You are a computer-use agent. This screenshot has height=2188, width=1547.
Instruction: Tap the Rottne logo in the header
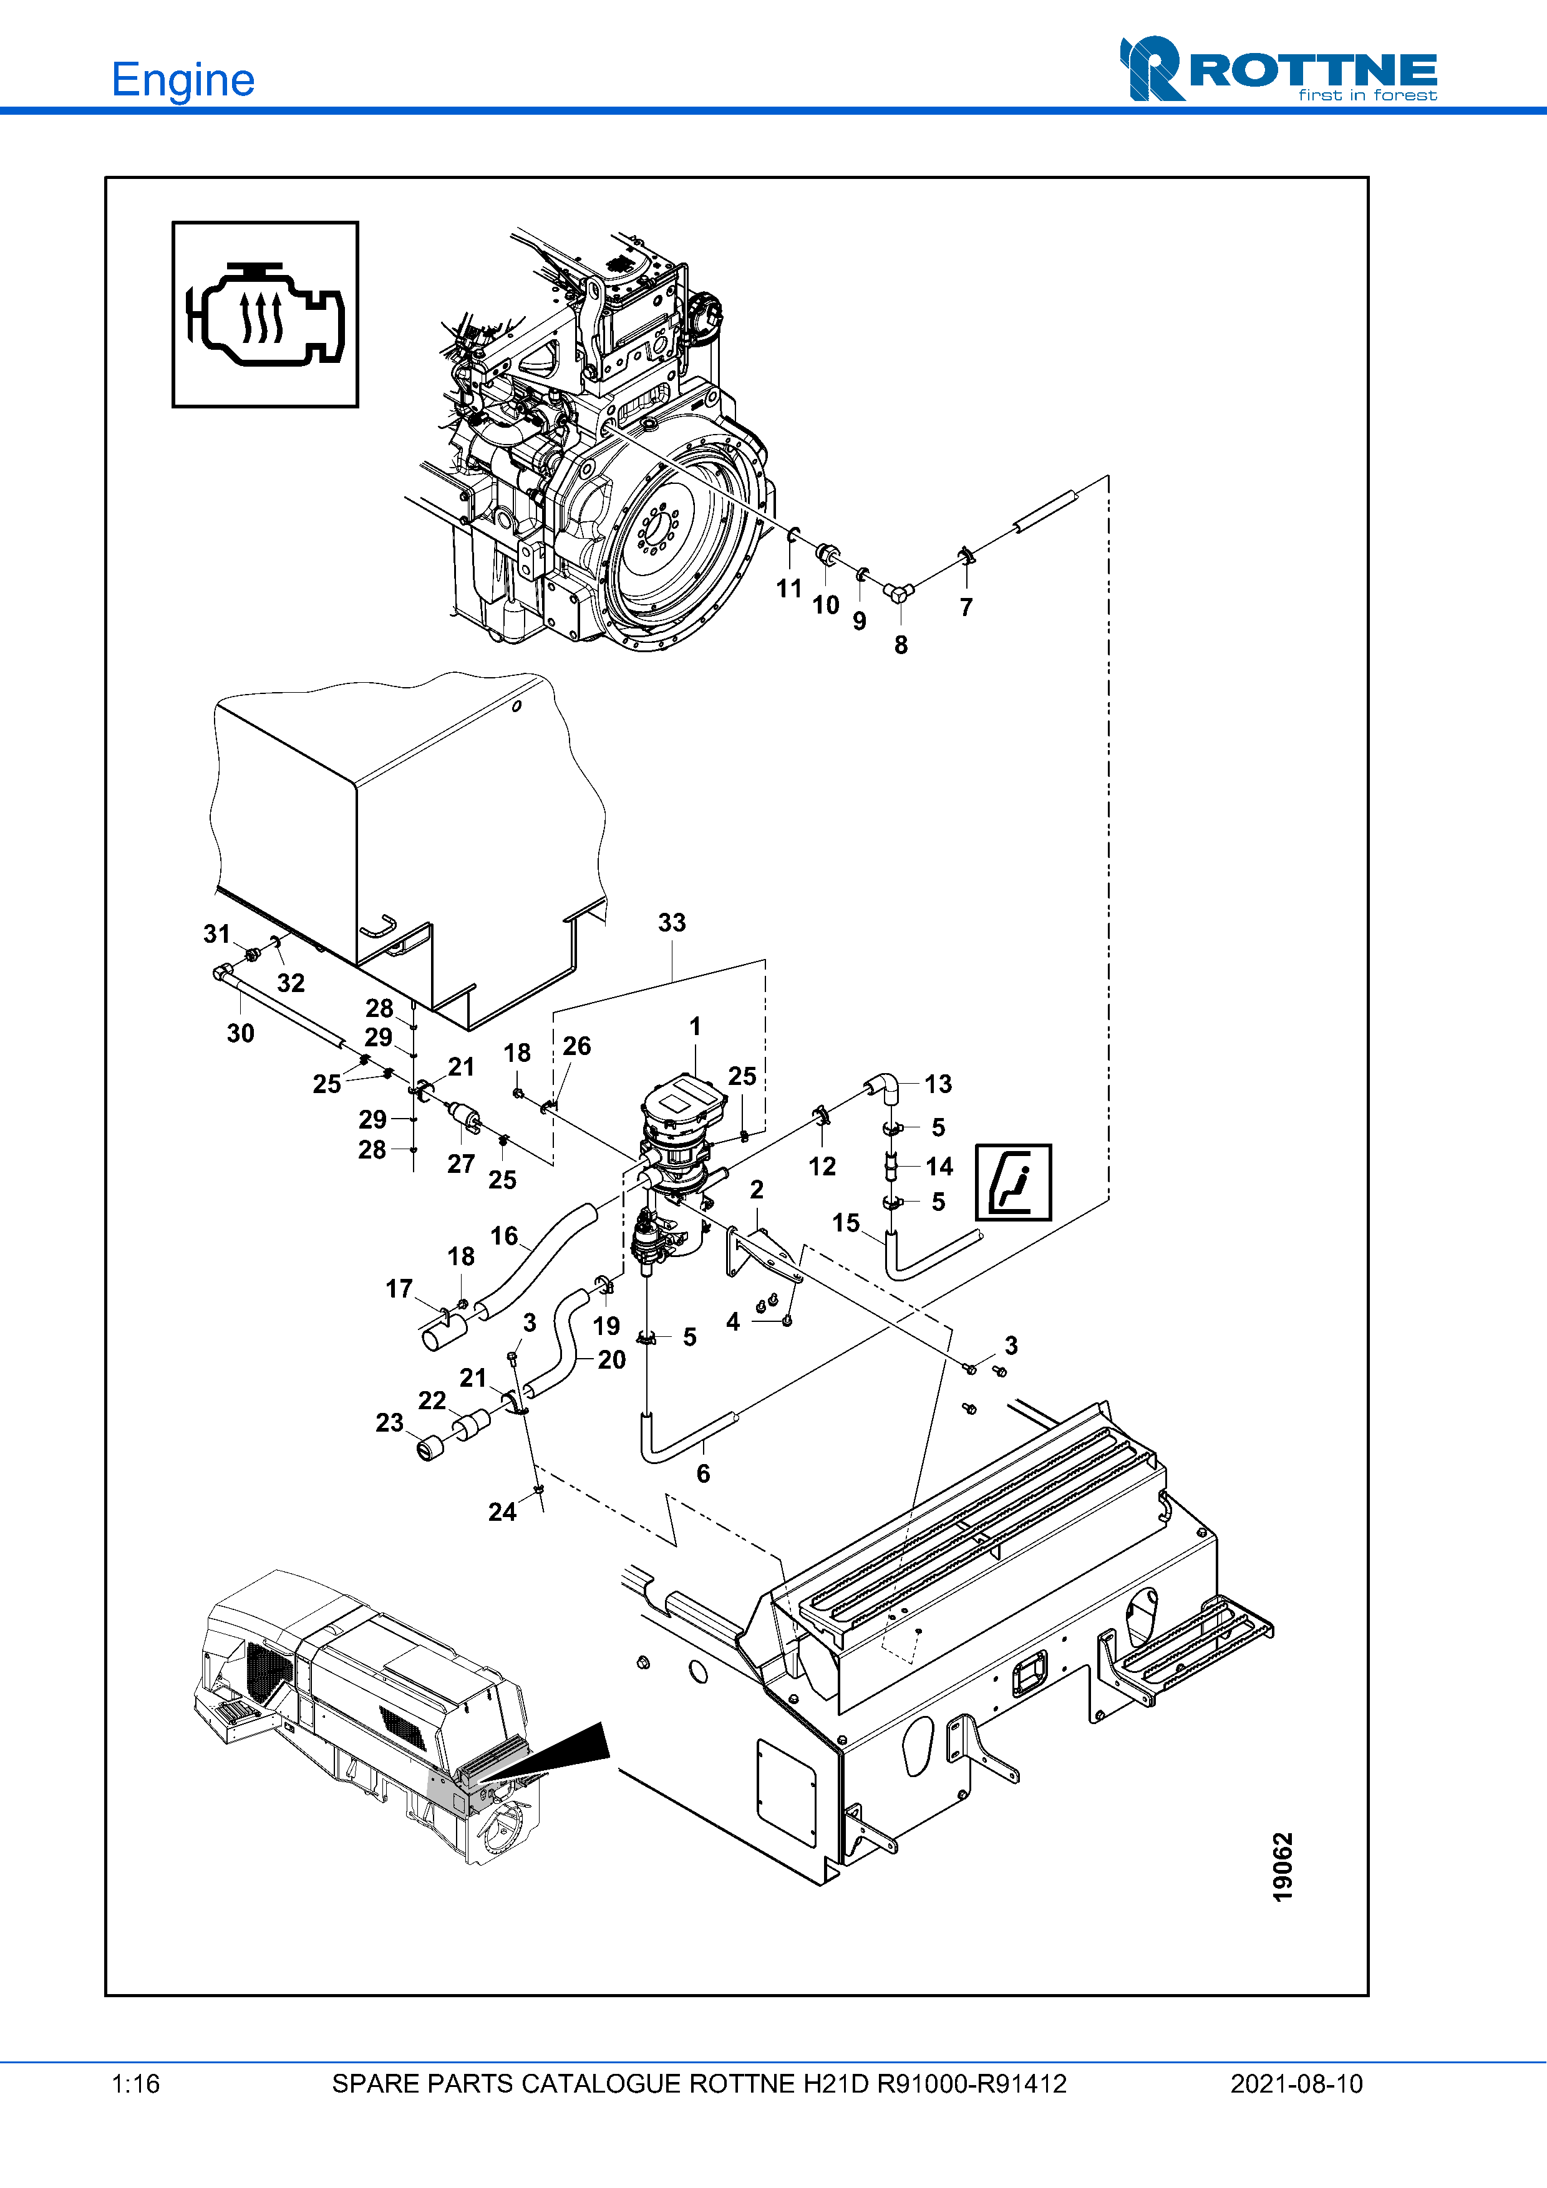(1278, 69)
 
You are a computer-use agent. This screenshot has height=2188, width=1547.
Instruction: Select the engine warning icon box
(265, 314)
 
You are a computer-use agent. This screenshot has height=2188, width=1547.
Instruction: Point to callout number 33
(672, 922)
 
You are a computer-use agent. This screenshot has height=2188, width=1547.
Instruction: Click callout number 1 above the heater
(695, 1026)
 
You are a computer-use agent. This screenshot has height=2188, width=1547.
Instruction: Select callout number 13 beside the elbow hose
(938, 1084)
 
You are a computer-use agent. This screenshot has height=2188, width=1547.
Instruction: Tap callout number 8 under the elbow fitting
(901, 645)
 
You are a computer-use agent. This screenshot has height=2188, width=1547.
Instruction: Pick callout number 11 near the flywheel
(789, 589)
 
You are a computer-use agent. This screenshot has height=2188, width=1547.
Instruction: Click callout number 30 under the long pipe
(240, 1033)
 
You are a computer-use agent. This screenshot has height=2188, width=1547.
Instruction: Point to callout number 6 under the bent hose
(704, 1473)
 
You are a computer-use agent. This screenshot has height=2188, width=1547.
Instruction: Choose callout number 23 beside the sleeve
(389, 1423)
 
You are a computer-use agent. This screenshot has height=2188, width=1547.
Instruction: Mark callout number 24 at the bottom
(502, 1511)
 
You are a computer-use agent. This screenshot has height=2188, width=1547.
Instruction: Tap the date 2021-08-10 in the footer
(1296, 2084)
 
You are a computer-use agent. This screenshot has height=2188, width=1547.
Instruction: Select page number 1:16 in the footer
(135, 2084)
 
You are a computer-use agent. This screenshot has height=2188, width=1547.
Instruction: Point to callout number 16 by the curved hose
(504, 1236)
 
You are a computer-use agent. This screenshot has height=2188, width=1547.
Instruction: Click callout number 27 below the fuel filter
(462, 1164)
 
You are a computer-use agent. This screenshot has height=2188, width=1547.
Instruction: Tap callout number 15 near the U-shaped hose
(845, 1223)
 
